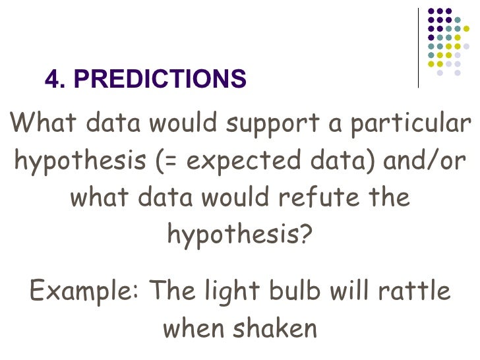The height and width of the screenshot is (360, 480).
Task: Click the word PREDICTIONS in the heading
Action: (160, 80)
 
